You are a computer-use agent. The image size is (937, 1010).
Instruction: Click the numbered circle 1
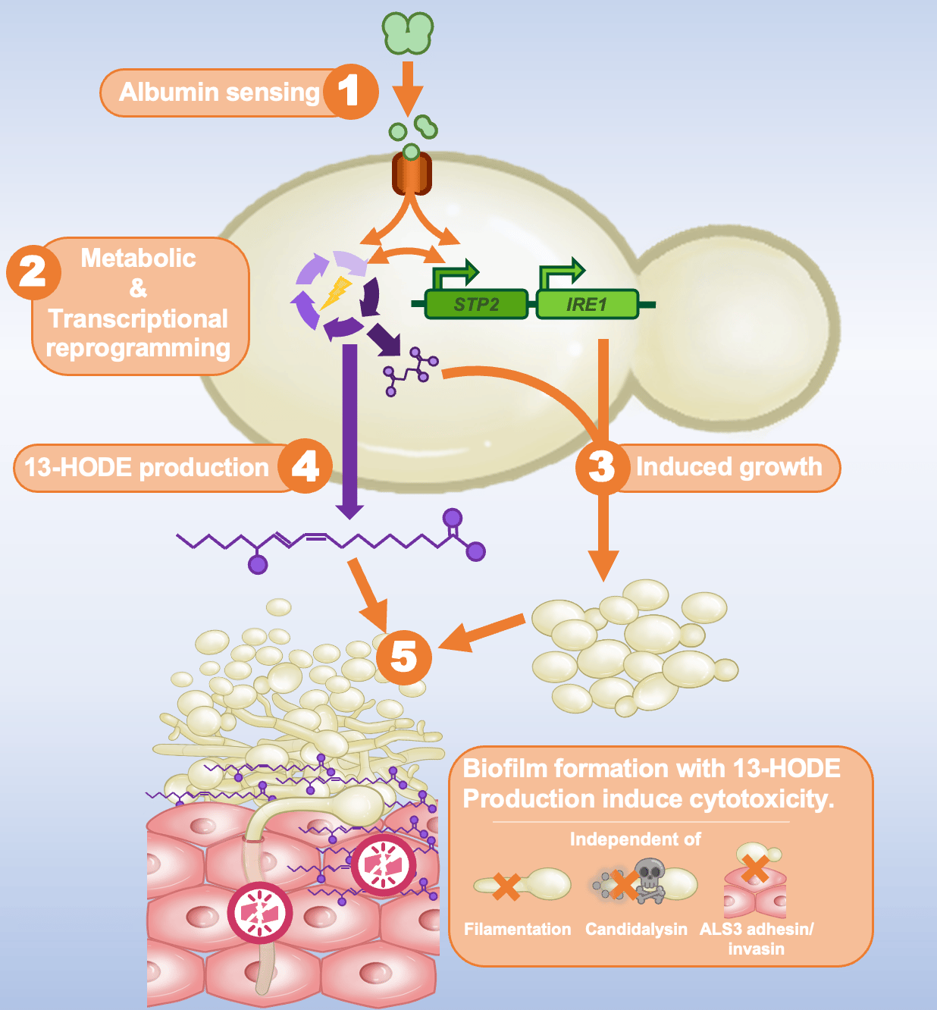pos(349,91)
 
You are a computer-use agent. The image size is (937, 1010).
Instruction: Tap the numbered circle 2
pos(33,271)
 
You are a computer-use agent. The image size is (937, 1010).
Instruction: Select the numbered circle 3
pos(602,466)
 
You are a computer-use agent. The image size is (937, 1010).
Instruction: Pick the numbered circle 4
pos(305,466)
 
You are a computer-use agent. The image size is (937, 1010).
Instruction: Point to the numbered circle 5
pos(403,657)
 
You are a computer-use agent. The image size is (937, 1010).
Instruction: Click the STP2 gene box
pos(476,304)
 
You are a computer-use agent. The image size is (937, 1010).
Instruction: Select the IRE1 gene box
pos(587,304)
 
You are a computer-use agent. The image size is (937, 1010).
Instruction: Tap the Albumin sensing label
pos(219,92)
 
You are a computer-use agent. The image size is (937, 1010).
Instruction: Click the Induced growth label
pos(729,467)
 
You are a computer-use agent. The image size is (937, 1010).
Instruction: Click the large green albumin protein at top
pos(408,33)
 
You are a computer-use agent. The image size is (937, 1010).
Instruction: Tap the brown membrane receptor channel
pos(411,174)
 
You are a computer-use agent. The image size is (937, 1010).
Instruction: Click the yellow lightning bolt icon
pos(336,293)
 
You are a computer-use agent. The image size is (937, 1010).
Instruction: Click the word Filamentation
pos(518,929)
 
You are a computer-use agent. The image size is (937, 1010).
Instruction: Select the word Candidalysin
pos(636,929)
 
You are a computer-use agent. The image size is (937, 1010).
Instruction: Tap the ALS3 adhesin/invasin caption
pos(756,939)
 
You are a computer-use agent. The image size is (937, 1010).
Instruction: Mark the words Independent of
pos(635,839)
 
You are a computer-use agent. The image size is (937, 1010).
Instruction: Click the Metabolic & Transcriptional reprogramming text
pos(138,303)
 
